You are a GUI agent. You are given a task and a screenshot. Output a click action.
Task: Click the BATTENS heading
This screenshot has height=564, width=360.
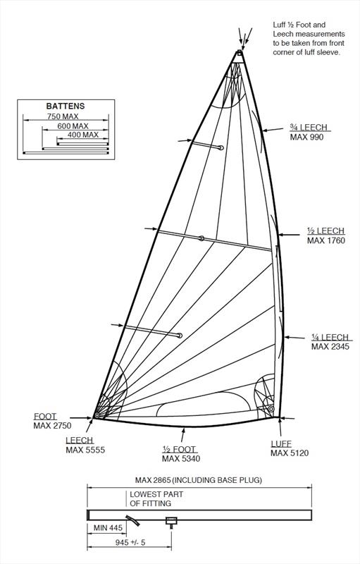click(66, 106)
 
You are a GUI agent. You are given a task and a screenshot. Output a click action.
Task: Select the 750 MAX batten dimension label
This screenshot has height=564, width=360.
click(63, 116)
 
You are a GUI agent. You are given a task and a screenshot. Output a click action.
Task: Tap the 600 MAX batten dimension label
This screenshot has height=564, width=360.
click(73, 126)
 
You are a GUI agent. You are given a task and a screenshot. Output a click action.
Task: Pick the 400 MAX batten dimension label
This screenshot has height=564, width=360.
click(83, 135)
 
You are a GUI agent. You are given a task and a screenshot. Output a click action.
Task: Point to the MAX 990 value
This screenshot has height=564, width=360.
click(307, 137)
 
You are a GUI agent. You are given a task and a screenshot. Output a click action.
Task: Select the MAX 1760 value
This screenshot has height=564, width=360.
click(326, 240)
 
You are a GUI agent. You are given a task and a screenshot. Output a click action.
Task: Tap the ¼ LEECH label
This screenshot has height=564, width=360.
click(330, 338)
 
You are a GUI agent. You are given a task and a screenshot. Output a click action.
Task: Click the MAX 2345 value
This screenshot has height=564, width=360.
click(330, 347)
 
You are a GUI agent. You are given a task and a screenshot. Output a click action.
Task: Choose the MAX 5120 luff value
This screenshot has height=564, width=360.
click(290, 453)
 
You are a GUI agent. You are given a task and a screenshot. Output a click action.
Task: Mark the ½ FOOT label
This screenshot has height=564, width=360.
click(179, 449)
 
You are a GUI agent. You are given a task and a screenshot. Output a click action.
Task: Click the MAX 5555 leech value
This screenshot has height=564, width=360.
click(85, 450)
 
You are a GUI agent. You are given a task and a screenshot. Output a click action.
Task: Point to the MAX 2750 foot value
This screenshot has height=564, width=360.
click(52, 426)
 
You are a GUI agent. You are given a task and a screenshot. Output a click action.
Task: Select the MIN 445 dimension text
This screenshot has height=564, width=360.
click(108, 528)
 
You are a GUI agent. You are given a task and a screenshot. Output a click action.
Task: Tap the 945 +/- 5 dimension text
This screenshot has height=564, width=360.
click(130, 542)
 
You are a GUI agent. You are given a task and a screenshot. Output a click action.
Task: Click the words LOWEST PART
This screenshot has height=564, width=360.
click(156, 495)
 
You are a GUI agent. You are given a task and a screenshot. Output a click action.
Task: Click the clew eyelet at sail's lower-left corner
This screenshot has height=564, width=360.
click(97, 415)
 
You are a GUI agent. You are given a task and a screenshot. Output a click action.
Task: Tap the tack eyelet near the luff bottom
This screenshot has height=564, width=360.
click(271, 409)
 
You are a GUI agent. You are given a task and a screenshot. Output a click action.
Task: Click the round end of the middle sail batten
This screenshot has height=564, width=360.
click(201, 238)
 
